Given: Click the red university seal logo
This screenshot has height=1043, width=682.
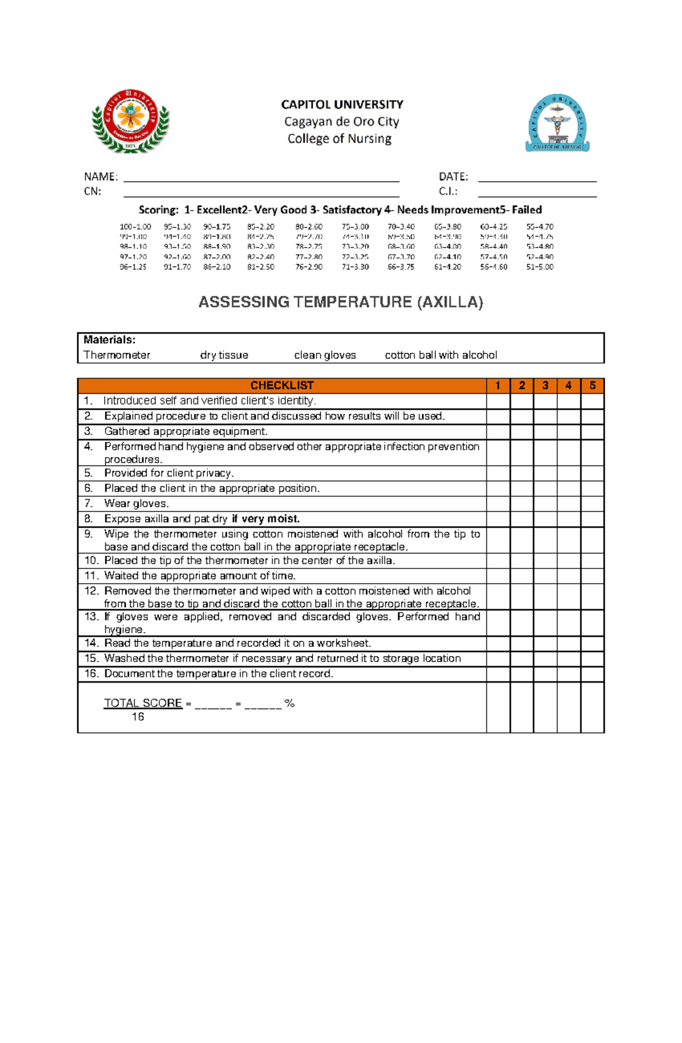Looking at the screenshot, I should pos(131,121).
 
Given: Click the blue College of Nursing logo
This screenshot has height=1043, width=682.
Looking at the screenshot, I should pos(557,123).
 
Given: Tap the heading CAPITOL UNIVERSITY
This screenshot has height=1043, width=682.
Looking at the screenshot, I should pos(342,105).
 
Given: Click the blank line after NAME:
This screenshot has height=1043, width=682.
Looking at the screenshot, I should pos(261,177).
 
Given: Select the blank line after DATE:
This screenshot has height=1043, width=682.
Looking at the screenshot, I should pos(537,177).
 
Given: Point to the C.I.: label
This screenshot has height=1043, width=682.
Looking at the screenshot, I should pos(448,192).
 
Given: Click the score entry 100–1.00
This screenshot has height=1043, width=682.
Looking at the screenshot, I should pos(135,227).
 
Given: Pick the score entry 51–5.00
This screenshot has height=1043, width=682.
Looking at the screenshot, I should pos(539,267).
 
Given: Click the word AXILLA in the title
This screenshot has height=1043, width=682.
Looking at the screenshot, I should pos(450,302).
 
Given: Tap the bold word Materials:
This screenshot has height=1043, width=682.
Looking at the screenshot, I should pos(110,340).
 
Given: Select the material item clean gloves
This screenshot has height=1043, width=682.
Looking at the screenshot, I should pos(325,355).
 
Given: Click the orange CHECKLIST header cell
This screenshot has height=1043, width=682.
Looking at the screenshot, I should pos(282,385).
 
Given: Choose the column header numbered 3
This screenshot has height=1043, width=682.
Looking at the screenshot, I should pos(545,385).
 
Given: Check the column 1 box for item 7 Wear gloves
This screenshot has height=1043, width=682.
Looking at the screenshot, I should pos(498,504).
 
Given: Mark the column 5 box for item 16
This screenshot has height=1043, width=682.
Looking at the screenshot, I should pos(592,674).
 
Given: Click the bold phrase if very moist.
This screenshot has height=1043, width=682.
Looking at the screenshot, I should pos(265,519).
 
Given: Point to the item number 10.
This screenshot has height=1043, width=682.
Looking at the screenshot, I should pos(91,560).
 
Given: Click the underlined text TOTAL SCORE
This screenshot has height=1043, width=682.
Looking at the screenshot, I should pos(143,703).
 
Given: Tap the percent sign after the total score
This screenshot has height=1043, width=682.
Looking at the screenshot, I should pos(290,704).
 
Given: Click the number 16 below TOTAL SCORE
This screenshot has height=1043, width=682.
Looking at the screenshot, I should pos(138,717).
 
